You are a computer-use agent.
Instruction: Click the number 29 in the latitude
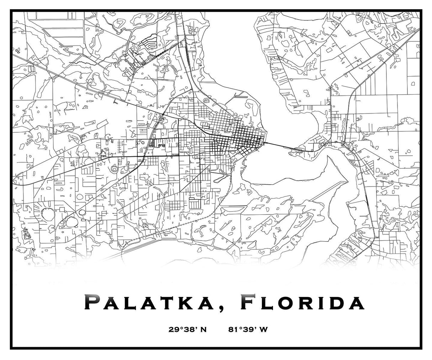click(174, 329)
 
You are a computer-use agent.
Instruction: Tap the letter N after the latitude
click(204, 329)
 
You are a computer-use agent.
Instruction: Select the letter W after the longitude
click(263, 329)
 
